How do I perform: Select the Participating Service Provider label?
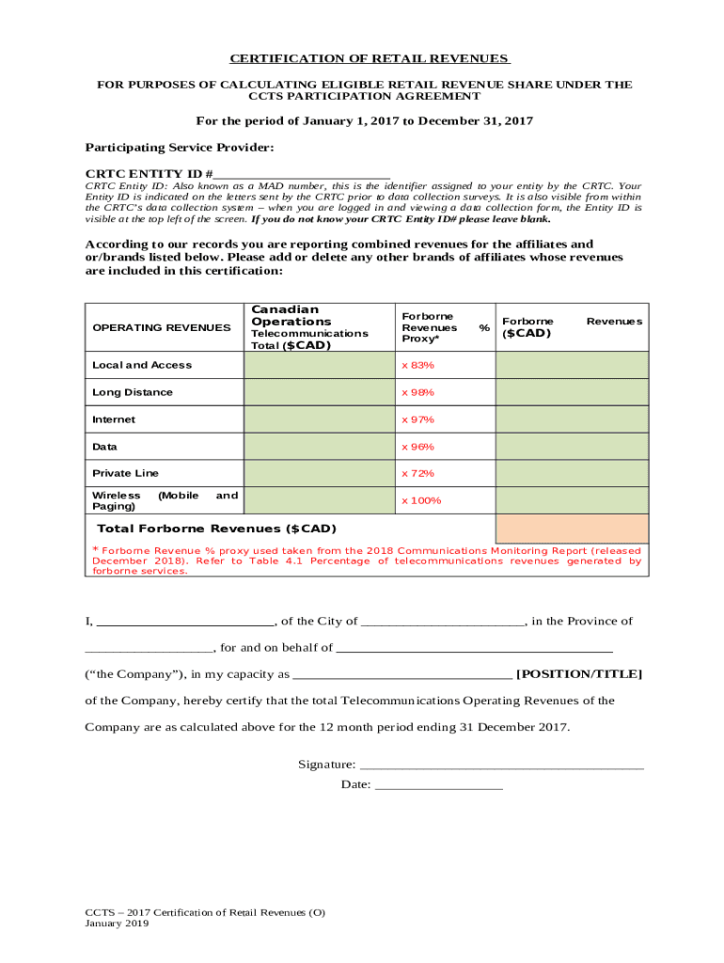coord(180,148)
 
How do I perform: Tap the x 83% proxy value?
coord(417,365)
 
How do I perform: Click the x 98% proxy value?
coord(417,392)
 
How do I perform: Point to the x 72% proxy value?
coord(417,473)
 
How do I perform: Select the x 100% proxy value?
coord(421,500)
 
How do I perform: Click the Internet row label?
coord(114,419)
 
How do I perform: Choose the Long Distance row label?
coord(133,392)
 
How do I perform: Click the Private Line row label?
coord(125,473)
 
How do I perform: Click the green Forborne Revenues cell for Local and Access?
coord(572,365)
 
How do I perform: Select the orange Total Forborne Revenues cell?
coord(572,529)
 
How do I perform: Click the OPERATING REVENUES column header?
coord(161,327)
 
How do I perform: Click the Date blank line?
coord(438,785)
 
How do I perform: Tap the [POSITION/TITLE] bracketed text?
coord(579,674)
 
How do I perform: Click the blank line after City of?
coord(443,622)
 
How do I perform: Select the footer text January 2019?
coord(117,924)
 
